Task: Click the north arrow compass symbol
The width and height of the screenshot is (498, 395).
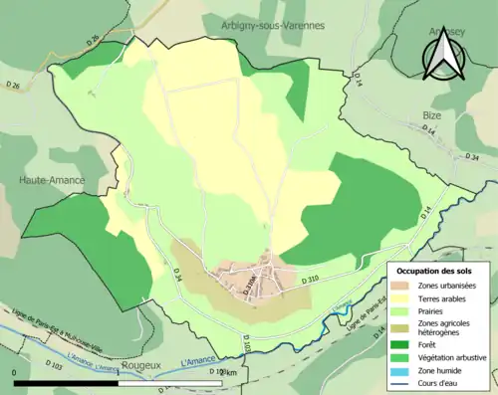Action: pyautogui.click(x=441, y=51)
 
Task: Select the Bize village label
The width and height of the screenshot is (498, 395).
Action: pyautogui.click(x=431, y=115)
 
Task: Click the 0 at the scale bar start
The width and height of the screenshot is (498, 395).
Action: pyautogui.click(x=15, y=373)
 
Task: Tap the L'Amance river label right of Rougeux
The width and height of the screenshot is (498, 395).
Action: pyautogui.click(x=199, y=362)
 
